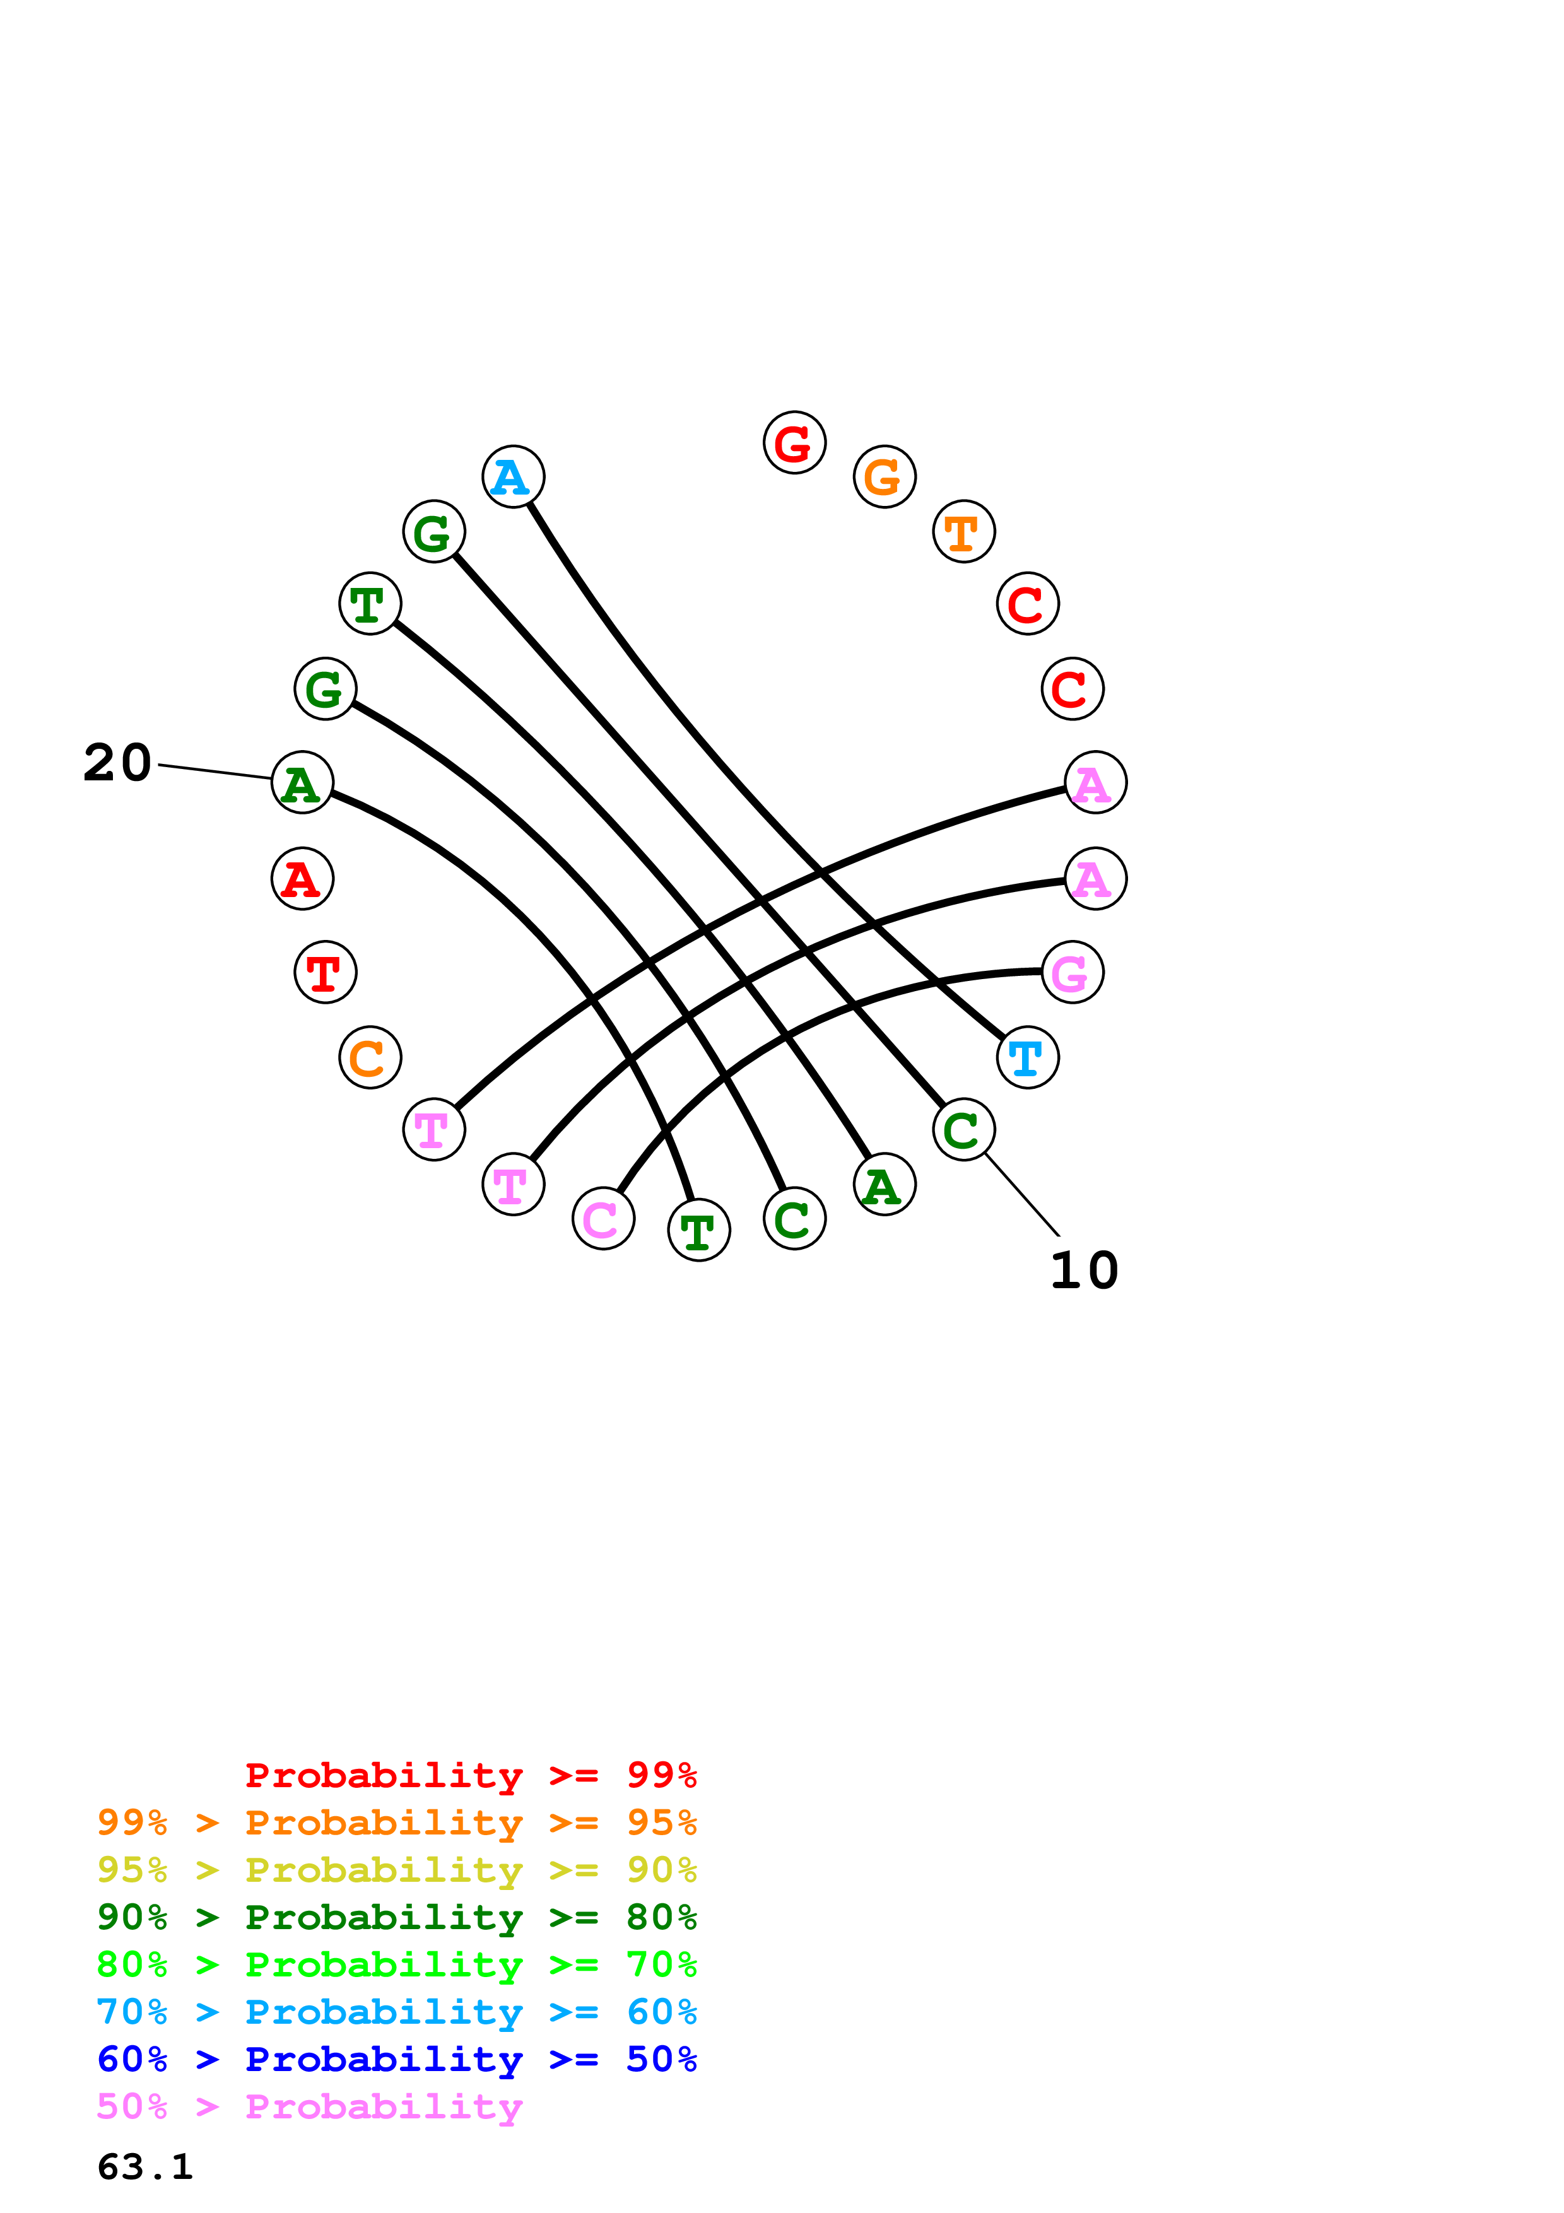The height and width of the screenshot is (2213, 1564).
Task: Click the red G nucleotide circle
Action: [x=794, y=442]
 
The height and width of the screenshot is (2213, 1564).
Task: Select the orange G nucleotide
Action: [x=884, y=476]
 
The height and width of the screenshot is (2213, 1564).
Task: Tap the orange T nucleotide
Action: [x=963, y=531]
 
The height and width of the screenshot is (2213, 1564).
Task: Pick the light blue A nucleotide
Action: [x=513, y=476]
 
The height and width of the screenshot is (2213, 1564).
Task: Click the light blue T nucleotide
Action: [x=1027, y=1057]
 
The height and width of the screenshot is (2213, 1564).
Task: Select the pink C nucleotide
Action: [x=603, y=1218]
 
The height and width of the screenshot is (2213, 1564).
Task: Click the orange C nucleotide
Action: [x=370, y=1057]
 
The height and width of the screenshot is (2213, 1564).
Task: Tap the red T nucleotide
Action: [x=325, y=971]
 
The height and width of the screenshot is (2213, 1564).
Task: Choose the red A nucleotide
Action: [x=303, y=878]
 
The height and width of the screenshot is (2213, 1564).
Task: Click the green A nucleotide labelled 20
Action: [x=303, y=783]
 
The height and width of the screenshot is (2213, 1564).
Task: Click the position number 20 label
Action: [x=117, y=763]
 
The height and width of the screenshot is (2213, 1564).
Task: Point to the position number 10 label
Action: [x=1084, y=1271]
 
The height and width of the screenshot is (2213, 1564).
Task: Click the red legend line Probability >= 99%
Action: [x=470, y=1775]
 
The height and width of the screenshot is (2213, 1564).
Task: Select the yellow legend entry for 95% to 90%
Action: [x=396, y=1870]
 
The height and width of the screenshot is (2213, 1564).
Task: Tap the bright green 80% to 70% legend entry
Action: [x=396, y=1964]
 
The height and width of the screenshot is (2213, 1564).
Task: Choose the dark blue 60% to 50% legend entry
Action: [x=396, y=2059]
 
